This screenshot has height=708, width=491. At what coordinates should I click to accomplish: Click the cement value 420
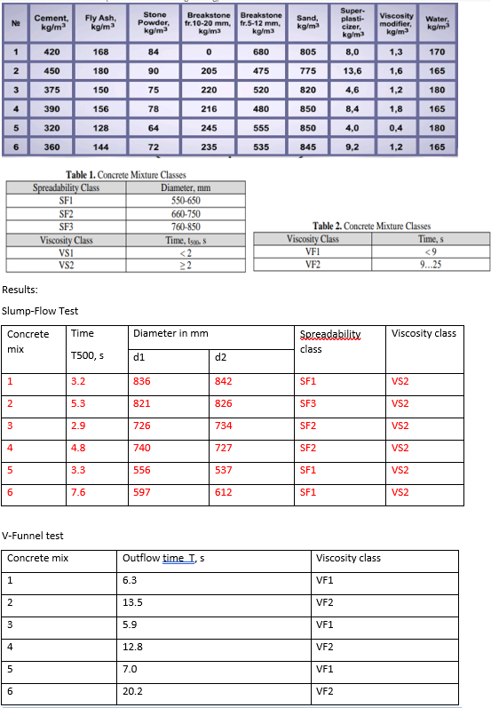point(51,52)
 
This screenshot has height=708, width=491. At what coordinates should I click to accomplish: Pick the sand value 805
point(308,52)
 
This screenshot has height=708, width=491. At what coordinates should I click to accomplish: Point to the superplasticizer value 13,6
point(352,71)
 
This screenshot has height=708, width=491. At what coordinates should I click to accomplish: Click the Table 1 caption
point(126,175)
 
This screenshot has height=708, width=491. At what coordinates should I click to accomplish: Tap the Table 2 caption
point(371,227)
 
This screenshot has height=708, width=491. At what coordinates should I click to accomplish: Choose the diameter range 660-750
point(185,214)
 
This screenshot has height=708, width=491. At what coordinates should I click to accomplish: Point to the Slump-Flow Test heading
point(40,311)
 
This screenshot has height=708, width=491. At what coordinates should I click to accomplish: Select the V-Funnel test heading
point(33,536)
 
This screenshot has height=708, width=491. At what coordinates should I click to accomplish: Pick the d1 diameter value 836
point(141,382)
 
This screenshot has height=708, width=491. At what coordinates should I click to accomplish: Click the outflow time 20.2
point(134,691)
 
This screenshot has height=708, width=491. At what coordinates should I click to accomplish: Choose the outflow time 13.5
point(134,602)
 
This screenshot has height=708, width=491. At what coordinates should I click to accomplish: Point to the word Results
point(20,290)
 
